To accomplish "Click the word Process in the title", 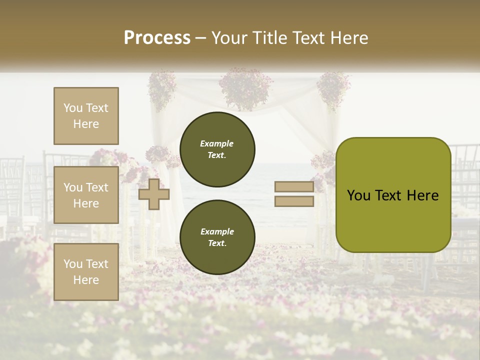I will pos(157,37).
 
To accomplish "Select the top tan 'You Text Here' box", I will pos(86,116).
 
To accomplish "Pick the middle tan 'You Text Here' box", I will pos(86,195).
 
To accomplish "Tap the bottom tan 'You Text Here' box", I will pos(86,272).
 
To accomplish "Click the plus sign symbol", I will pos(154,194).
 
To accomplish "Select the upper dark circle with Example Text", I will pos(217,149).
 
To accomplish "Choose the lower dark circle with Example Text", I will pos(217,237).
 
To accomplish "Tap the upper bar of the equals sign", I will pos(294,186).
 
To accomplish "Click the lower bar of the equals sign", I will pos(294,201).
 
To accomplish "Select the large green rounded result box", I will pos(393,195).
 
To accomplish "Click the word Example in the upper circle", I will pos(217,143).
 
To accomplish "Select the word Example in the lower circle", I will pos(217,231).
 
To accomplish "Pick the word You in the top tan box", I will pos(73,108).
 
